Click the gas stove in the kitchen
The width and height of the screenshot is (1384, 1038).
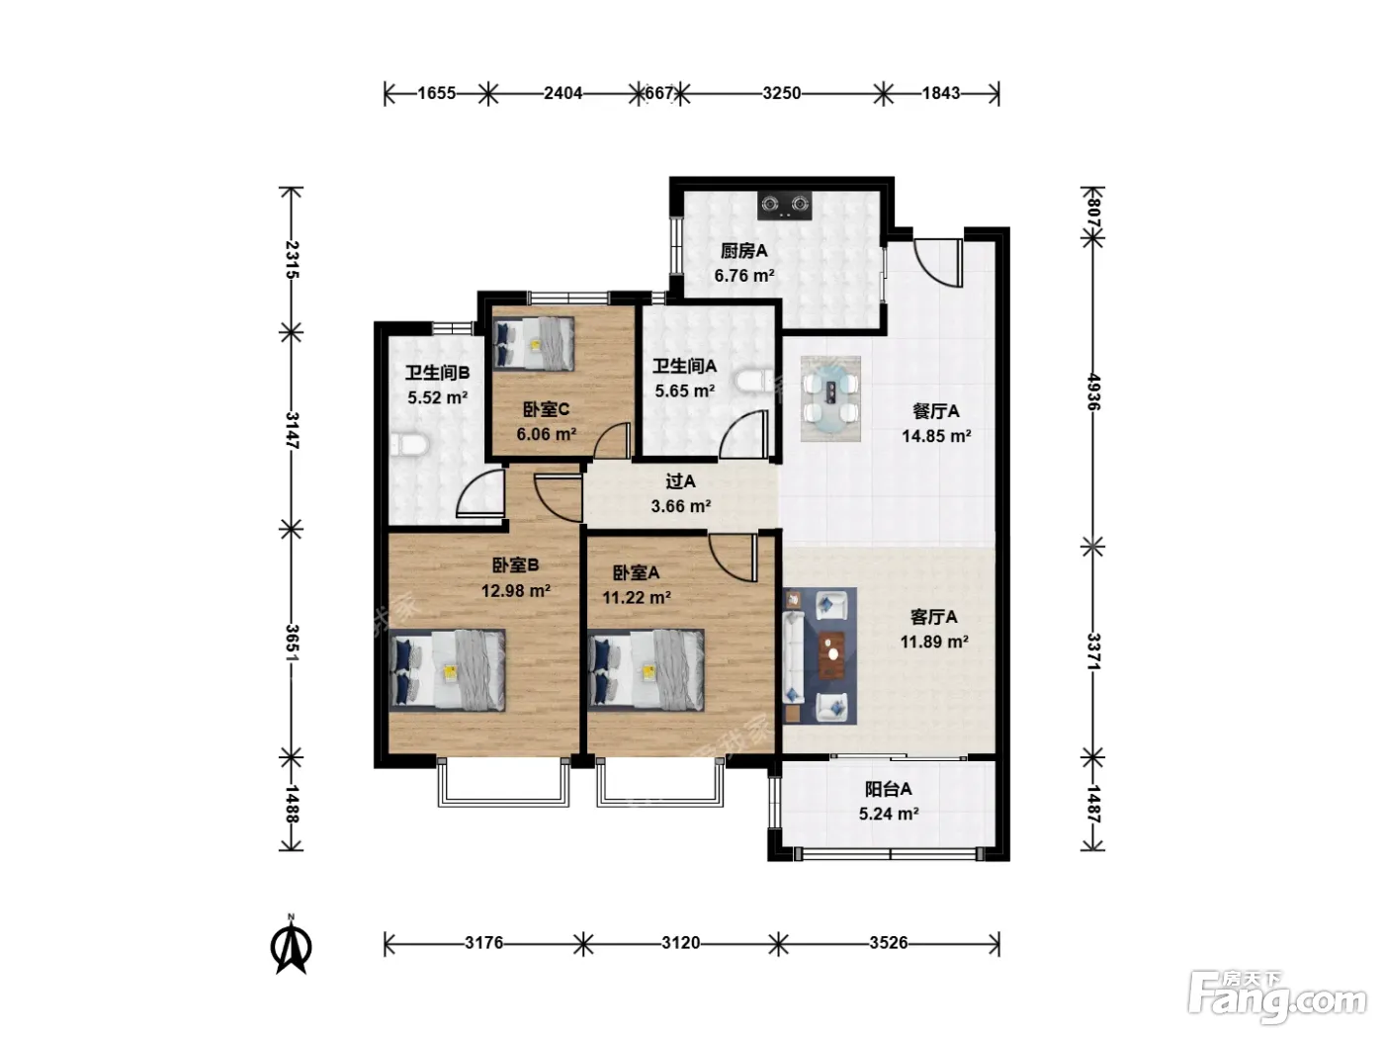click(x=784, y=205)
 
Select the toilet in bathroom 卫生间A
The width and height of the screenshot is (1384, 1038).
click(x=754, y=382)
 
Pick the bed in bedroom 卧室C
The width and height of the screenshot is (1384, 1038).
click(x=534, y=343)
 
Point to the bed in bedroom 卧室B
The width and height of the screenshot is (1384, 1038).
click(x=447, y=670)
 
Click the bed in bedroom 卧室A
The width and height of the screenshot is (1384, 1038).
click(x=646, y=670)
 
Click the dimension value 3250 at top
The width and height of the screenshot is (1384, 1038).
click(x=781, y=93)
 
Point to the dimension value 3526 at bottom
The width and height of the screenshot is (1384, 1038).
click(x=889, y=943)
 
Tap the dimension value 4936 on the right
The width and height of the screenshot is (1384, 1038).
click(x=1093, y=392)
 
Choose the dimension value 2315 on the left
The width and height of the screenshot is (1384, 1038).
click(x=292, y=260)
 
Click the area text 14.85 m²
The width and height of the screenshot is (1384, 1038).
click(x=936, y=436)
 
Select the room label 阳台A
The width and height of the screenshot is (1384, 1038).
click(x=889, y=789)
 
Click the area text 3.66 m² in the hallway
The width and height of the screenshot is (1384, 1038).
click(x=681, y=506)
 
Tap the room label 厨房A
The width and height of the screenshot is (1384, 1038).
click(x=744, y=251)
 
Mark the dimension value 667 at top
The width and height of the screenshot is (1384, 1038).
click(x=659, y=93)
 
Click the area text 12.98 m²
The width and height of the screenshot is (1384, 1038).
click(x=516, y=590)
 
